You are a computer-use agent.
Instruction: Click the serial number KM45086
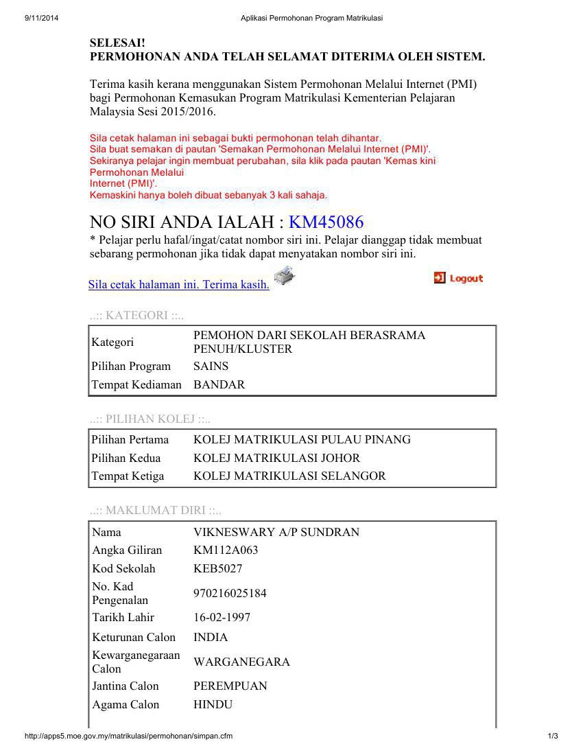pyautogui.click(x=326, y=222)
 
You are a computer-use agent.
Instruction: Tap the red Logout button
pyautogui.click(x=459, y=278)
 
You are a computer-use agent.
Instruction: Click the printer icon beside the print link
pyautogui.click(x=284, y=277)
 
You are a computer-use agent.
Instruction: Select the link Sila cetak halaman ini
pyautogui.click(x=178, y=284)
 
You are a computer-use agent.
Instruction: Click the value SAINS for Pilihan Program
pyautogui.click(x=211, y=366)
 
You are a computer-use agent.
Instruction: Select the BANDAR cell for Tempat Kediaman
pyautogui.click(x=219, y=384)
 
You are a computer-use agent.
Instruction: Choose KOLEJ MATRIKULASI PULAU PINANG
pyautogui.click(x=302, y=439)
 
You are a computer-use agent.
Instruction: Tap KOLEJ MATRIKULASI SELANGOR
pyautogui.click(x=289, y=476)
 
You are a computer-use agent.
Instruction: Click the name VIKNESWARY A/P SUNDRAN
pyautogui.click(x=276, y=532)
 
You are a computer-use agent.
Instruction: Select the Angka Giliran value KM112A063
pyautogui.click(x=226, y=550)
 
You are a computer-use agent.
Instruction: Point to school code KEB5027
pyautogui.click(x=217, y=568)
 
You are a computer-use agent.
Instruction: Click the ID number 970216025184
pyautogui.click(x=230, y=593)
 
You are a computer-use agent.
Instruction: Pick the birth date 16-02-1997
pyautogui.click(x=222, y=617)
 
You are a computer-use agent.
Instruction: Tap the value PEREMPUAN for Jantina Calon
pyautogui.click(x=230, y=686)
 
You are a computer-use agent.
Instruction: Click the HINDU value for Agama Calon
pyautogui.click(x=213, y=704)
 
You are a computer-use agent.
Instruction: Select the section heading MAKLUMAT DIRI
pyautogui.click(x=155, y=510)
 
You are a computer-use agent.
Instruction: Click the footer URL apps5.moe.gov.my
pyautogui.click(x=128, y=736)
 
